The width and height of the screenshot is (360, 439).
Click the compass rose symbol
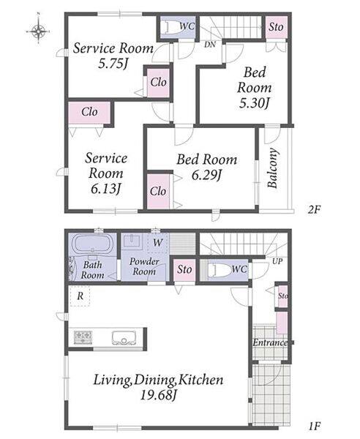coord(38,31)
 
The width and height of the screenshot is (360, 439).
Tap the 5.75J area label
coord(113,64)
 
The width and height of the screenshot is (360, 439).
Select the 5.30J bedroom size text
coord(254,103)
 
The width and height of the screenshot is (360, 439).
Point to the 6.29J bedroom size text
coord(206,176)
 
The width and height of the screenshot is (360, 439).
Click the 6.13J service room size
coord(106,189)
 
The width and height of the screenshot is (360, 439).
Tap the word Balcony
coord(273,168)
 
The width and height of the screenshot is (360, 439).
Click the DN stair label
coord(210,45)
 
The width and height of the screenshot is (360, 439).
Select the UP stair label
coord(277,261)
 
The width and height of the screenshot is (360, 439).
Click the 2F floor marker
coord(314,209)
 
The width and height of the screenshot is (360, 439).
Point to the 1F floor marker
coord(315,426)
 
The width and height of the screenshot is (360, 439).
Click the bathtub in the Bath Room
coord(93,244)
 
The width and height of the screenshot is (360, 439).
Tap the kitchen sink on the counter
coord(124,337)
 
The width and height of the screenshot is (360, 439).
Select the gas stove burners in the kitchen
coord(83,337)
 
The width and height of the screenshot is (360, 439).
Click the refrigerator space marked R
coord(80,296)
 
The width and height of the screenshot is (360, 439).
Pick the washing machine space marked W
coord(157,242)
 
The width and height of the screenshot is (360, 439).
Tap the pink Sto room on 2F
coord(276,27)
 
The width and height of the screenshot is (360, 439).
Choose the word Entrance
coord(270,342)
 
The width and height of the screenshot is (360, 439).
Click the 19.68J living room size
coord(158,395)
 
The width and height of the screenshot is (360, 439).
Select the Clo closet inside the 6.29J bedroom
coord(158,192)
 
